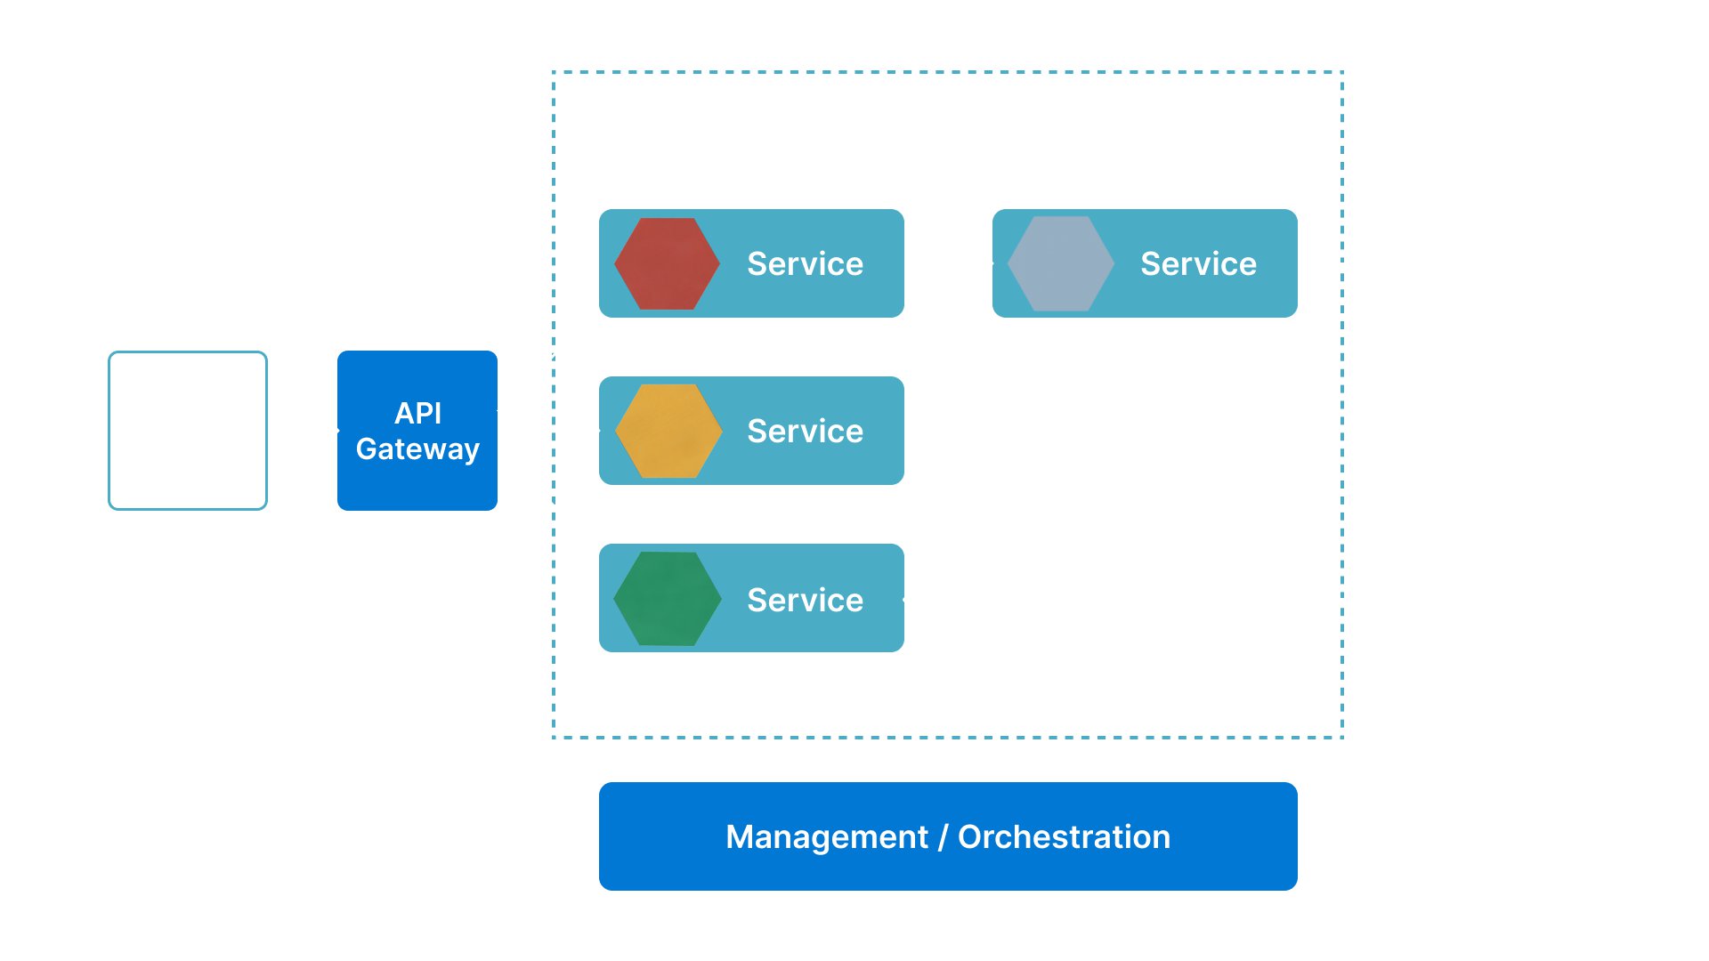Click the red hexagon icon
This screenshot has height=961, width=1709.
(667, 263)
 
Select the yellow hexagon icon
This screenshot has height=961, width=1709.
(668, 431)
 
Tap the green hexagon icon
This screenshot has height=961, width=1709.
(668, 598)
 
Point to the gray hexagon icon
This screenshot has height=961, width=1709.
(1060, 263)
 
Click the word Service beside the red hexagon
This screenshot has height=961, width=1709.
(805, 263)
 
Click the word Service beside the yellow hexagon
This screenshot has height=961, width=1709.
(805, 431)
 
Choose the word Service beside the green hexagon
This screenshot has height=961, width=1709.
(805, 600)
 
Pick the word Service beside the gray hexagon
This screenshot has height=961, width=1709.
(1198, 263)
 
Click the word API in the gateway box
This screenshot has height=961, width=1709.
(417, 413)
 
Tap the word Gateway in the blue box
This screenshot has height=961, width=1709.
(417, 449)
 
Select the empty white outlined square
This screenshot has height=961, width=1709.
(188, 431)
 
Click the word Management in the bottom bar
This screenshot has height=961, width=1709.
(826, 837)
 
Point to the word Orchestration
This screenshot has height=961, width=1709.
(1064, 837)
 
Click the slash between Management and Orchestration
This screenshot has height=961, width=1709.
(943, 837)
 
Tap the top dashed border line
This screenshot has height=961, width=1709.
(947, 72)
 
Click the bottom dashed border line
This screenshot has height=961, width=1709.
(947, 737)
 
